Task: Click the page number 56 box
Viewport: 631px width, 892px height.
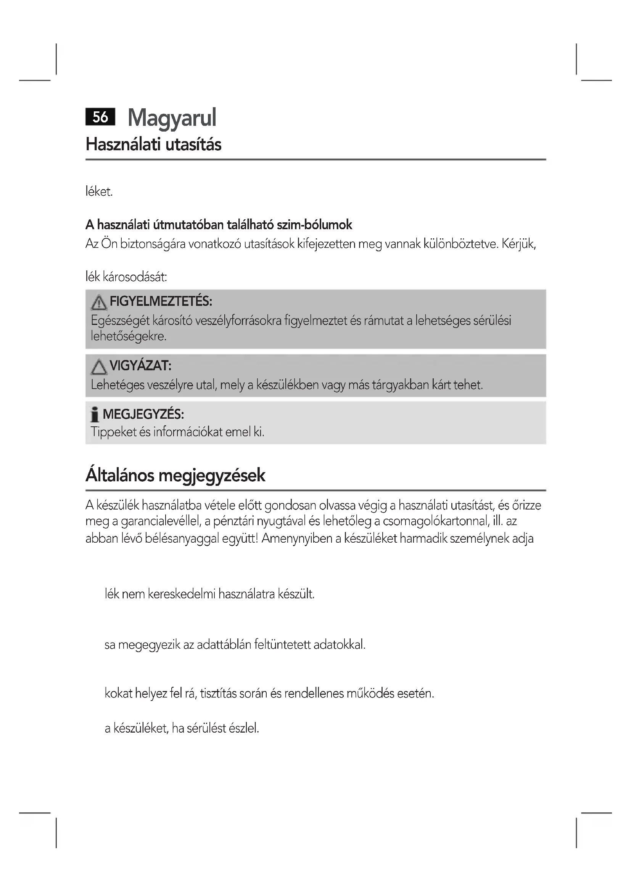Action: coord(100,117)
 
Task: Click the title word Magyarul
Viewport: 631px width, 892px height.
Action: coord(172,118)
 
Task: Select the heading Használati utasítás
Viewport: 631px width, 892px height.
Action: coord(153,145)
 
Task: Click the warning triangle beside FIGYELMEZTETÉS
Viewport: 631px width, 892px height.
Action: coord(99,303)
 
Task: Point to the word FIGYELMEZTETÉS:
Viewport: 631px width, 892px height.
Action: coord(161,301)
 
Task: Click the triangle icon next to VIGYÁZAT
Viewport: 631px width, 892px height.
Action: coord(99,367)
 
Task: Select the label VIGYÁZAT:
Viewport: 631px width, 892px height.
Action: coord(140,366)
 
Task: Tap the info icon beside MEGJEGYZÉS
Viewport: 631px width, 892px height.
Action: coord(94,415)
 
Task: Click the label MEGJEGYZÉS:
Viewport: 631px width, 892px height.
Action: coord(143,414)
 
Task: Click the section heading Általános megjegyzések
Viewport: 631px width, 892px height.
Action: coord(175,475)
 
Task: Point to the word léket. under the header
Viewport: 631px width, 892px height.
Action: coord(99,191)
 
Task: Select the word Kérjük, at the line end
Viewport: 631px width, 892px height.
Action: coord(519,244)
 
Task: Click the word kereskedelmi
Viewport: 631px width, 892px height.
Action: coord(182,594)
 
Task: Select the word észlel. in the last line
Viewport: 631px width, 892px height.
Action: coord(244,728)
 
